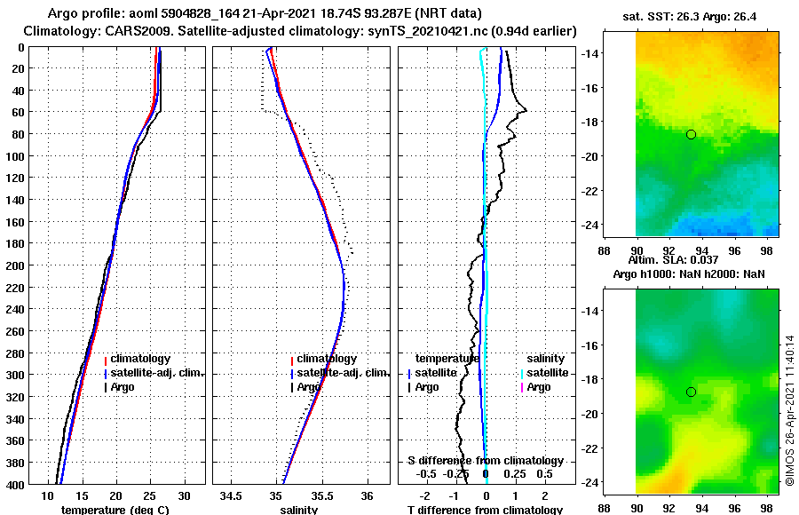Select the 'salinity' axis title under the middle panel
coord(298,510)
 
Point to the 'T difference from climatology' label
coord(485,510)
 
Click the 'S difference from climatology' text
coord(485,461)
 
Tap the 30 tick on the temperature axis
coord(185,495)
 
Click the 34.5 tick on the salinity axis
coord(232,495)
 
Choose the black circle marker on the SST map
coord(691,134)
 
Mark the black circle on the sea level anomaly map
coord(691,392)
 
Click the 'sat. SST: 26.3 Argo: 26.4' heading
coord(694,15)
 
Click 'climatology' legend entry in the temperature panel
coord(142,359)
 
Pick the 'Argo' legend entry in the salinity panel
coord(309,387)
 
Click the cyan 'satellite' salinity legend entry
coord(546,373)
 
